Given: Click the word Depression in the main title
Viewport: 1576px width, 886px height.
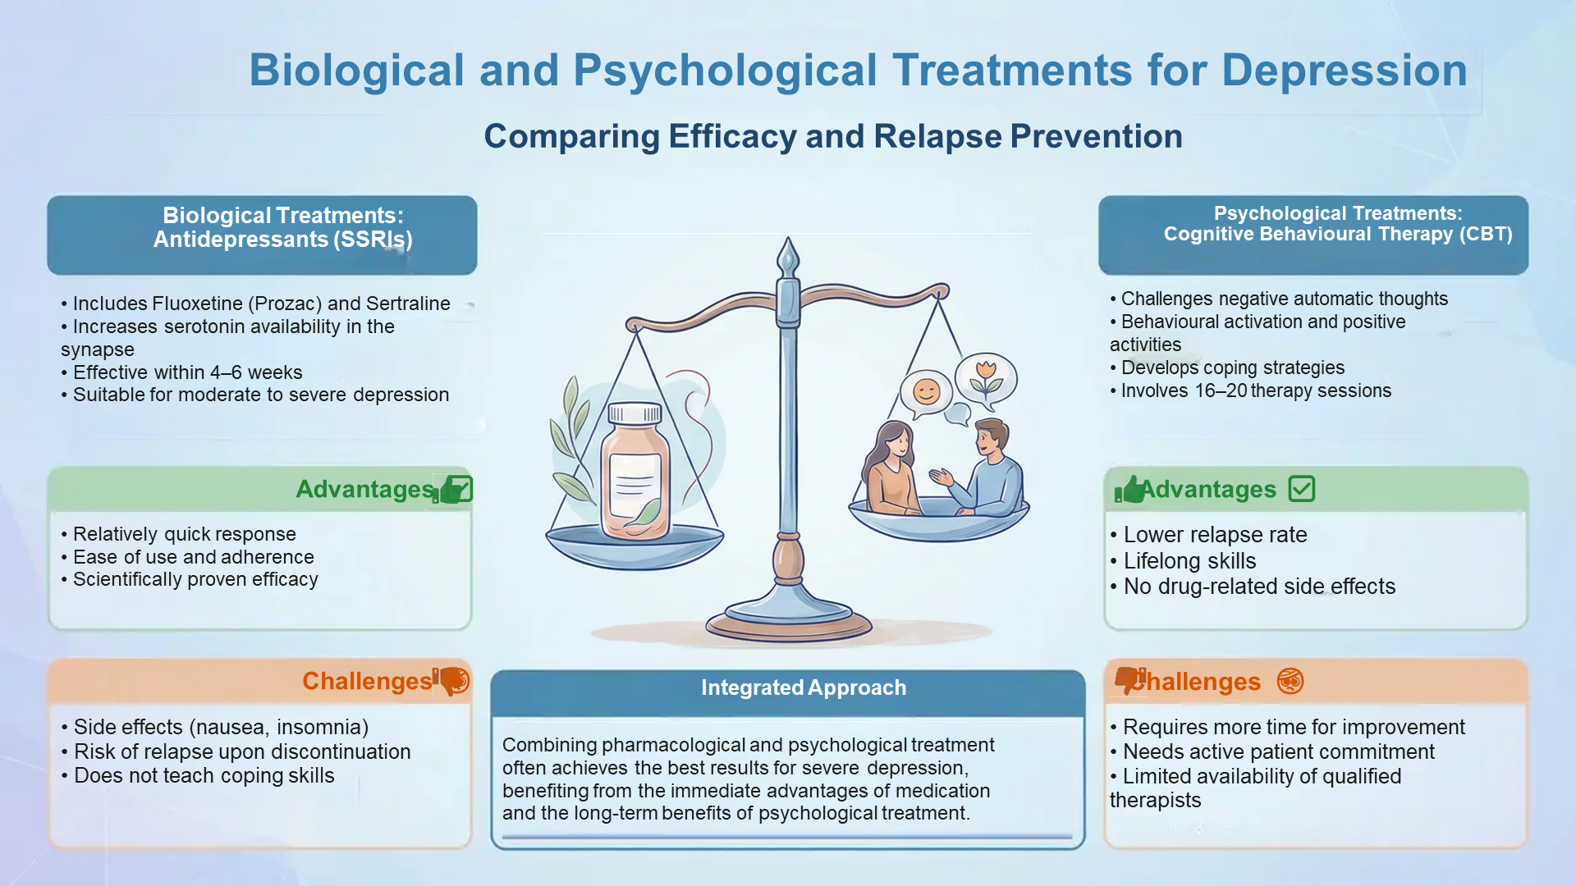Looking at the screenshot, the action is click(x=1345, y=71).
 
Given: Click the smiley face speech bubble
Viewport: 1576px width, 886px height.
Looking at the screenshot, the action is click(x=926, y=393).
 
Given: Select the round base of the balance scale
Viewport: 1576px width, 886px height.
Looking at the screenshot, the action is click(x=789, y=621).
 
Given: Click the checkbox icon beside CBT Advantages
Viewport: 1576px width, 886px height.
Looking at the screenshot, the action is click(x=1302, y=489).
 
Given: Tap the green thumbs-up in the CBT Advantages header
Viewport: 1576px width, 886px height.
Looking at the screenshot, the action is click(x=1129, y=490).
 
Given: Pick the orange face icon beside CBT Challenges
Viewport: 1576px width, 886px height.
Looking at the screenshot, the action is click(x=1290, y=681).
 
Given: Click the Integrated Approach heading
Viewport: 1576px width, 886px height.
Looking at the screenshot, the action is click(x=804, y=687).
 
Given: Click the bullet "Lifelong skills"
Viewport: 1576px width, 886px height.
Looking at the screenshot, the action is click(x=1183, y=561).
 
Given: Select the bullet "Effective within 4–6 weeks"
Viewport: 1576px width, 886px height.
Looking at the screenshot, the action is click(x=181, y=372).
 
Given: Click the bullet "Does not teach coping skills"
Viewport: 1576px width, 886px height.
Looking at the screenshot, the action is click(x=198, y=776).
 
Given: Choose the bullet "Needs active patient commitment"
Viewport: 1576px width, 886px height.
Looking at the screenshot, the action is click(x=1272, y=751).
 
